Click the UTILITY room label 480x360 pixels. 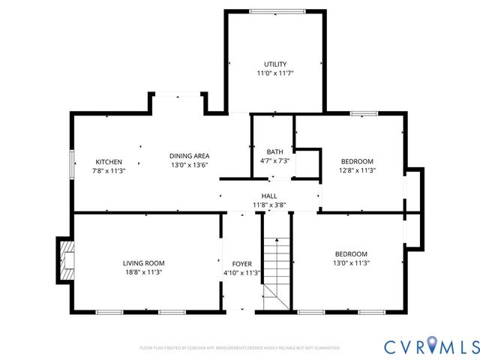click(x=274, y=64)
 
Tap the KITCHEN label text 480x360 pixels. click(x=108, y=161)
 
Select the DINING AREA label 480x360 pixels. click(x=188, y=155)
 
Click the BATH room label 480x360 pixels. click(x=274, y=151)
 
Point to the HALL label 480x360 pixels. click(x=269, y=195)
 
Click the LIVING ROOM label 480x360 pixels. click(x=143, y=263)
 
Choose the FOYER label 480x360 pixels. click(x=241, y=264)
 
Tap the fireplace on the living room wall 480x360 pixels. click(x=66, y=259)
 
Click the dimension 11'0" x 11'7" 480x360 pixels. click(x=274, y=73)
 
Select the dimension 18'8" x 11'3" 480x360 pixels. click(x=143, y=273)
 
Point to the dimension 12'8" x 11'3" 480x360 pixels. click(x=357, y=171)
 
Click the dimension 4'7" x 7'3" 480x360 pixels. click(x=274, y=161)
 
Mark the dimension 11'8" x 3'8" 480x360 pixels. click(x=269, y=205)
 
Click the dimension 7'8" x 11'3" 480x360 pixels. click(x=108, y=171)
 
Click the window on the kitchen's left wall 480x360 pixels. click(x=72, y=165)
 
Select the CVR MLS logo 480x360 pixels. click(x=431, y=346)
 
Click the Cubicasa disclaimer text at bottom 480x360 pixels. click(x=240, y=348)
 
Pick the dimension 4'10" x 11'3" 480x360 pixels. click(x=241, y=274)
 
